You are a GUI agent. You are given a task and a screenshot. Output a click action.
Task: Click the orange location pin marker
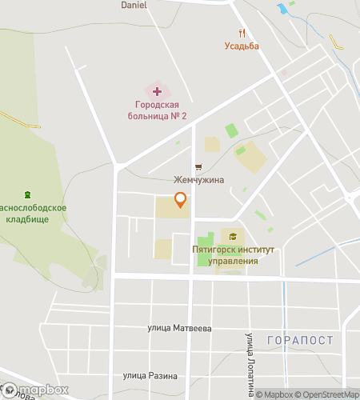(181, 200)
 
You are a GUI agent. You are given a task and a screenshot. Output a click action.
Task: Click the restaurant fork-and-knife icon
(242, 33)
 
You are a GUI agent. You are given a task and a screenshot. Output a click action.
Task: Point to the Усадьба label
(242, 46)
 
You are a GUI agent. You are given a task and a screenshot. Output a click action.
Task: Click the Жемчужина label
(199, 180)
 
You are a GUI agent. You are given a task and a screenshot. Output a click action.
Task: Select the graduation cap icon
(233, 236)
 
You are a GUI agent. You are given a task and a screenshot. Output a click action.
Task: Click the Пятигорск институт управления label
(234, 255)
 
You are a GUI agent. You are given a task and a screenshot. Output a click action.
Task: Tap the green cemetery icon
(28, 194)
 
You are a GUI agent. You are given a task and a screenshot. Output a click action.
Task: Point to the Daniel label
(134, 5)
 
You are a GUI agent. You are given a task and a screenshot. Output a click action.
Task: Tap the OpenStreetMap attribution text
(327, 394)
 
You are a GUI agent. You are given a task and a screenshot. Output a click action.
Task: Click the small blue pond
(282, 10)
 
